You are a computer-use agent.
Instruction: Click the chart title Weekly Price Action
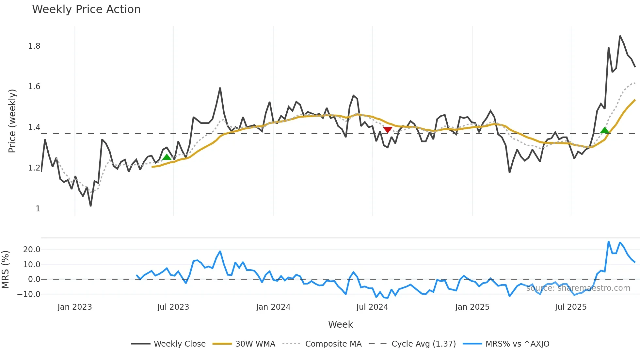click(x=86, y=9)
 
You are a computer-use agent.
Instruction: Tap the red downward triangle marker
click(x=387, y=130)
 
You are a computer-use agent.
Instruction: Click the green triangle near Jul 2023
click(x=167, y=157)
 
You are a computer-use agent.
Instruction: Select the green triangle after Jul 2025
click(x=605, y=130)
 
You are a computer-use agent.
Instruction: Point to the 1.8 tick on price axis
click(x=34, y=46)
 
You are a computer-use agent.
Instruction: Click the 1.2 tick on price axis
click(x=34, y=168)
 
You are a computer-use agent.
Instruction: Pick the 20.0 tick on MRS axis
click(x=32, y=250)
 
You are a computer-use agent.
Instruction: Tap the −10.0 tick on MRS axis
click(x=29, y=294)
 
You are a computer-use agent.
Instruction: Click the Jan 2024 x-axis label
click(x=273, y=307)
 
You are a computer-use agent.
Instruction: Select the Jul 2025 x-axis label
click(x=570, y=307)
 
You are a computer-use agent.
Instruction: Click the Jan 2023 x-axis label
click(x=74, y=307)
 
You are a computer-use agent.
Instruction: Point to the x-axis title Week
click(x=340, y=324)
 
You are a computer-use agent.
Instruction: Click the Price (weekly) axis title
click(x=12, y=121)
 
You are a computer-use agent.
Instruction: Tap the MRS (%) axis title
click(x=6, y=270)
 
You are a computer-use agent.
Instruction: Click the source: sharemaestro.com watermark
click(x=578, y=288)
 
